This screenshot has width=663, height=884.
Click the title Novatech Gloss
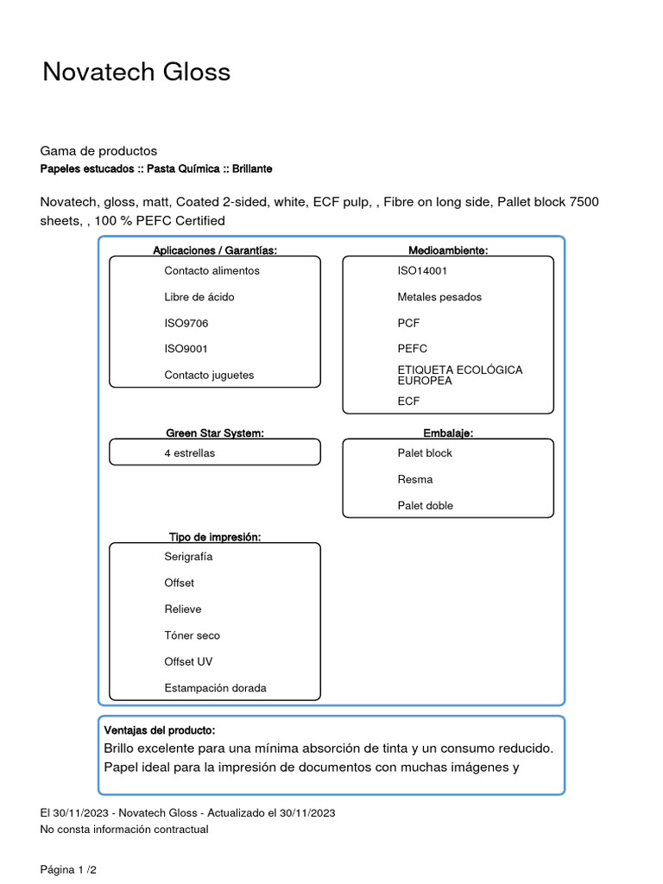click(136, 72)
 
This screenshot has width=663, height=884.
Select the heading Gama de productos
click(98, 151)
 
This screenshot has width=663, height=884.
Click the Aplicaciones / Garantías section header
click(215, 250)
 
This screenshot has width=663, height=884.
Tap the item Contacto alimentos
click(212, 270)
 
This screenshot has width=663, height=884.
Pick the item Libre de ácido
click(199, 297)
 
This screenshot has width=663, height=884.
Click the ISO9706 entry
click(186, 323)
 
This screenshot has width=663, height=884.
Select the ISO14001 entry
click(422, 270)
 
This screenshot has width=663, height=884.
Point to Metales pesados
click(439, 297)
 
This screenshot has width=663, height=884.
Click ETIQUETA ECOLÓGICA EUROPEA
click(459, 375)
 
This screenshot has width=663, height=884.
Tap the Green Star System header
click(215, 433)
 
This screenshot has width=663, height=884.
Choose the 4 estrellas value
click(189, 452)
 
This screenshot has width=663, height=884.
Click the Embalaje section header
click(448, 433)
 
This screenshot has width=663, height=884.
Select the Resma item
click(415, 479)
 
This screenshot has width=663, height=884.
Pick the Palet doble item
click(425, 505)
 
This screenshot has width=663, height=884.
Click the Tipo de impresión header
click(215, 537)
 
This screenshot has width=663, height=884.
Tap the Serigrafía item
click(188, 556)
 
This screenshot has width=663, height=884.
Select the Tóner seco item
click(192, 635)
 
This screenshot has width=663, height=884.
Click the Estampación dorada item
click(215, 688)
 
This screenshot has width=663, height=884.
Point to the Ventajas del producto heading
click(159, 730)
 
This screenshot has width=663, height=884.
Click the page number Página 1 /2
click(68, 870)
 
